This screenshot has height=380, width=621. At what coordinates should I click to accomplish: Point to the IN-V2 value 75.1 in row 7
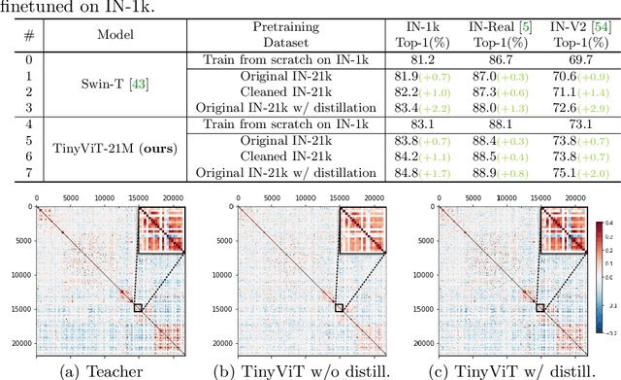tap(560, 174)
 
